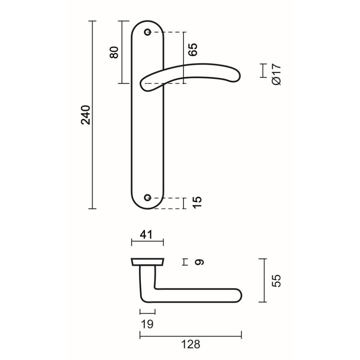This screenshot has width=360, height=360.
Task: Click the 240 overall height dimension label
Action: (x=86, y=115)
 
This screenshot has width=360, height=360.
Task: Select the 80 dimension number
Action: (x=114, y=52)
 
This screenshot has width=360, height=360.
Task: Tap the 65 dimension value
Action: (x=193, y=49)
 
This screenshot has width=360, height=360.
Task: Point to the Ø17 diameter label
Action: (x=276, y=74)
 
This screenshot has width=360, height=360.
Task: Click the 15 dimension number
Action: (x=197, y=203)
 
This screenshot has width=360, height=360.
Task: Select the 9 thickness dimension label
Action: (x=198, y=262)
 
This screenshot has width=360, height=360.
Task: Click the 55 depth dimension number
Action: (x=276, y=281)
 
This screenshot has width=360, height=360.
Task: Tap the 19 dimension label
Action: (x=147, y=324)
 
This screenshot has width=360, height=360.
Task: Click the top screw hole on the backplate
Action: (x=147, y=32)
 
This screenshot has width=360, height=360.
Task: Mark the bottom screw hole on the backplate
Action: (x=147, y=198)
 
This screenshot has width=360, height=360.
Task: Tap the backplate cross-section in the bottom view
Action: (x=148, y=262)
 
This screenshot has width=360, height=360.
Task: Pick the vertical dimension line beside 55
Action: (x=264, y=281)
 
